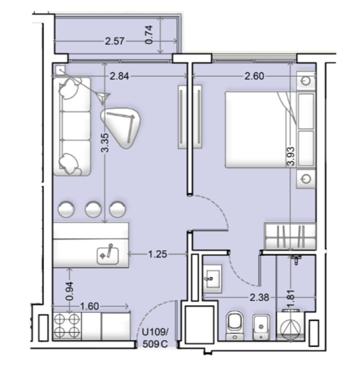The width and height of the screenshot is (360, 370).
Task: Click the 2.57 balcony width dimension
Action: pos(114,41)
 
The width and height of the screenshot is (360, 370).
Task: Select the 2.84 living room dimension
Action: pos(120,76)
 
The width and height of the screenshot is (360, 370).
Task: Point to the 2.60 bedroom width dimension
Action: pos(254,76)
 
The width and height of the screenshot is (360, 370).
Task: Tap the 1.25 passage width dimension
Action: pos(157,254)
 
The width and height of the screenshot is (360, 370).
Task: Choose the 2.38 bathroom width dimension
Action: pos(259,298)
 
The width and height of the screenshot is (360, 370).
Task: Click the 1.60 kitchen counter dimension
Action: pos(90,306)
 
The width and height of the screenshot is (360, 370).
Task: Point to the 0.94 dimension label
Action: pos(70,291)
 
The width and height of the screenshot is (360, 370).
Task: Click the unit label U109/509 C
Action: pos(155,338)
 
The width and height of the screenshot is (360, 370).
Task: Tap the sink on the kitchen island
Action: pos(108,255)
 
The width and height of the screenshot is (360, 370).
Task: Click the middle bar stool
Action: pos(93,209)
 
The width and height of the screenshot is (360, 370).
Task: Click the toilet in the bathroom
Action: pos(234,326)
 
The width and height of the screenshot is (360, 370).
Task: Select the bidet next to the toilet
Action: pos(261,327)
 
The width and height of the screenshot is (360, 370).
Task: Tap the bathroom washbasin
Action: pos(212,279)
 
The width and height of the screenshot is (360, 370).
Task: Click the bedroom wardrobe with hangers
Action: pos(290,236)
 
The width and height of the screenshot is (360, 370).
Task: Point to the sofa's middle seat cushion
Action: pos(75,126)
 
